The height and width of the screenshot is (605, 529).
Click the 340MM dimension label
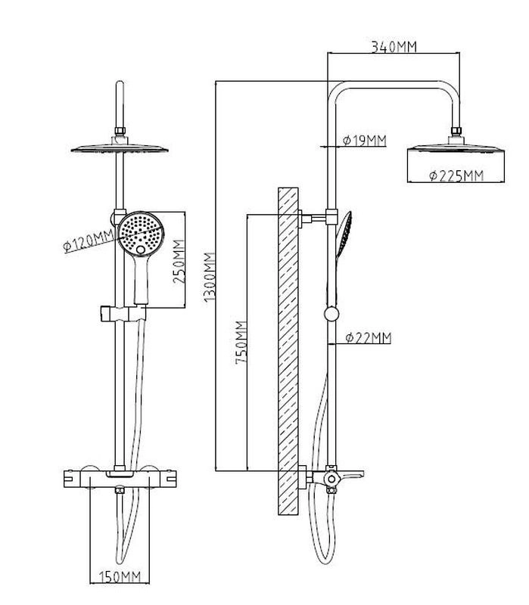[394, 47]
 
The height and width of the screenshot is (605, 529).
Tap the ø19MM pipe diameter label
[364, 140]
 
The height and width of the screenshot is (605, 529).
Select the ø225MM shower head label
[456, 176]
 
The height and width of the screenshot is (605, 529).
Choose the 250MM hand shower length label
[179, 260]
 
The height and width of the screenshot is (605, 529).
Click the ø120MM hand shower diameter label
[89, 242]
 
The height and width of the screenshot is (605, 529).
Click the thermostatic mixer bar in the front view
[120, 479]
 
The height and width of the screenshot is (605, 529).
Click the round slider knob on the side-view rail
[331, 315]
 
